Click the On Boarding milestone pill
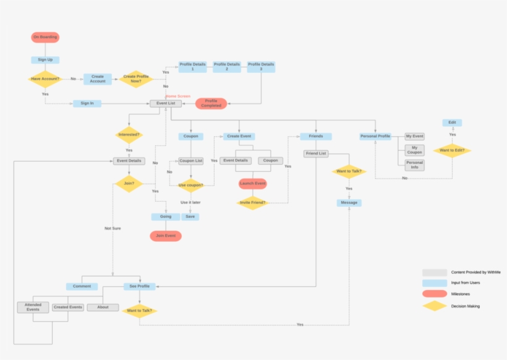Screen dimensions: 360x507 [45, 37]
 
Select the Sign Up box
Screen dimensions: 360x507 [45, 60]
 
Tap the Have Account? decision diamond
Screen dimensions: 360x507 [45, 79]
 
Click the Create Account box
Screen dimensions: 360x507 [98, 79]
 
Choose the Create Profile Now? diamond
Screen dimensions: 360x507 [136, 79]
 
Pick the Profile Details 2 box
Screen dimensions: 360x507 [227, 67]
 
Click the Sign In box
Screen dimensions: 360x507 [87, 103]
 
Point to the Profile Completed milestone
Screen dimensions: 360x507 [211, 103]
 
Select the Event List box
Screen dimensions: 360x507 [166, 103]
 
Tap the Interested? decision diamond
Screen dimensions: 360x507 [129, 134]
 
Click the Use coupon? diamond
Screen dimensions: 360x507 [190, 185]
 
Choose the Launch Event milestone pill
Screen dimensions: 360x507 [252, 184]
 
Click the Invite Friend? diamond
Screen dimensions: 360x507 [252, 202]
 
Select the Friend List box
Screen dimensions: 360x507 [315, 153]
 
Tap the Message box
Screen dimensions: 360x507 [349, 202]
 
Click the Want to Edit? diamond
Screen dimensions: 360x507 [452, 150]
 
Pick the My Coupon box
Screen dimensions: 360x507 [414, 150]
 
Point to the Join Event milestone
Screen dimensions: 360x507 [166, 236]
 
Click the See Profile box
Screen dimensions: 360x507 [140, 286]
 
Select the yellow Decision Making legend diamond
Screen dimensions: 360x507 [435, 306]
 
